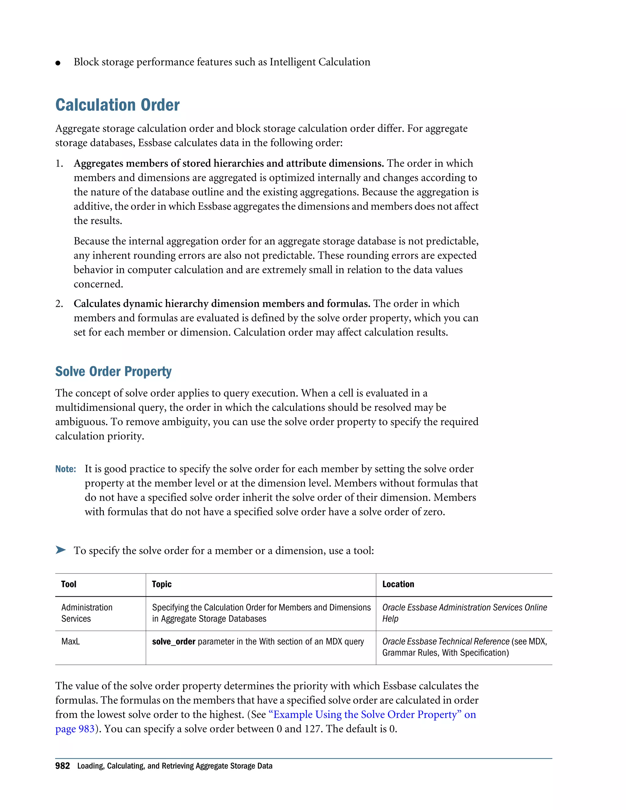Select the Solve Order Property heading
point(113,371)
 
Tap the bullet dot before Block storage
point(58,63)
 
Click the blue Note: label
point(66,469)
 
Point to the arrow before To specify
point(61,550)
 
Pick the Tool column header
point(68,584)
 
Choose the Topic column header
point(162,584)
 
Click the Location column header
point(398,584)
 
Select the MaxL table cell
point(71,641)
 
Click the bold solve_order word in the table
point(174,641)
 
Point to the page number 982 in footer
point(62,766)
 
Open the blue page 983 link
point(75,729)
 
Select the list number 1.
point(59,164)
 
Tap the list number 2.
point(59,304)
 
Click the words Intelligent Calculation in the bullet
point(320,62)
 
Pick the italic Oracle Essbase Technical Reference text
point(445,641)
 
